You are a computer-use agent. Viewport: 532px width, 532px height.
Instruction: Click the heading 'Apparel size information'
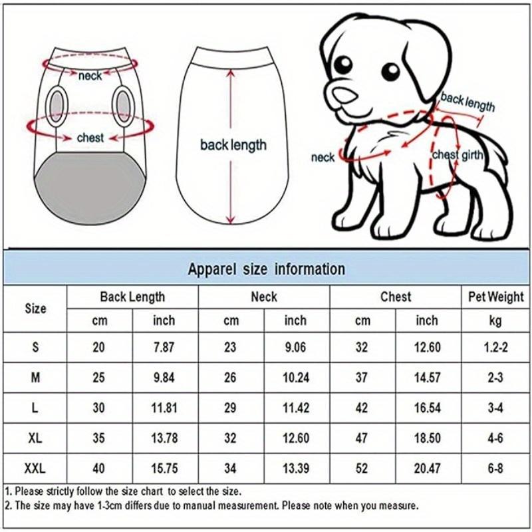266,269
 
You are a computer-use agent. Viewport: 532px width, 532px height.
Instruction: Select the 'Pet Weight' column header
495,297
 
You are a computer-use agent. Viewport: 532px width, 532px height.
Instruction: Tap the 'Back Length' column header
132,297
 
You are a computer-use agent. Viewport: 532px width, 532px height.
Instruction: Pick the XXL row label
35,468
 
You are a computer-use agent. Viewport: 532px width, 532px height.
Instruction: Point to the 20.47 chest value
427,468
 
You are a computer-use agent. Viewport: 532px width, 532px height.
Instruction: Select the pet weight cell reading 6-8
495,468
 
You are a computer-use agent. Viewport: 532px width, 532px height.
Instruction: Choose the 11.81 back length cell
164,407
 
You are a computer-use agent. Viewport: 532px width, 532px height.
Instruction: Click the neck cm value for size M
231,377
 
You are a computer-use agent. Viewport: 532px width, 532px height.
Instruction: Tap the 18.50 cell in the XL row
427,438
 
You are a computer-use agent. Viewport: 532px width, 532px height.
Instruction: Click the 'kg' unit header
495,321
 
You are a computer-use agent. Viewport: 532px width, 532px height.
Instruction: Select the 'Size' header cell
35,309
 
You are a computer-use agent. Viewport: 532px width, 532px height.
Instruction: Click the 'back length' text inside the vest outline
233,144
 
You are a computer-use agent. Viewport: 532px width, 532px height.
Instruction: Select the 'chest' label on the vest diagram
90,138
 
